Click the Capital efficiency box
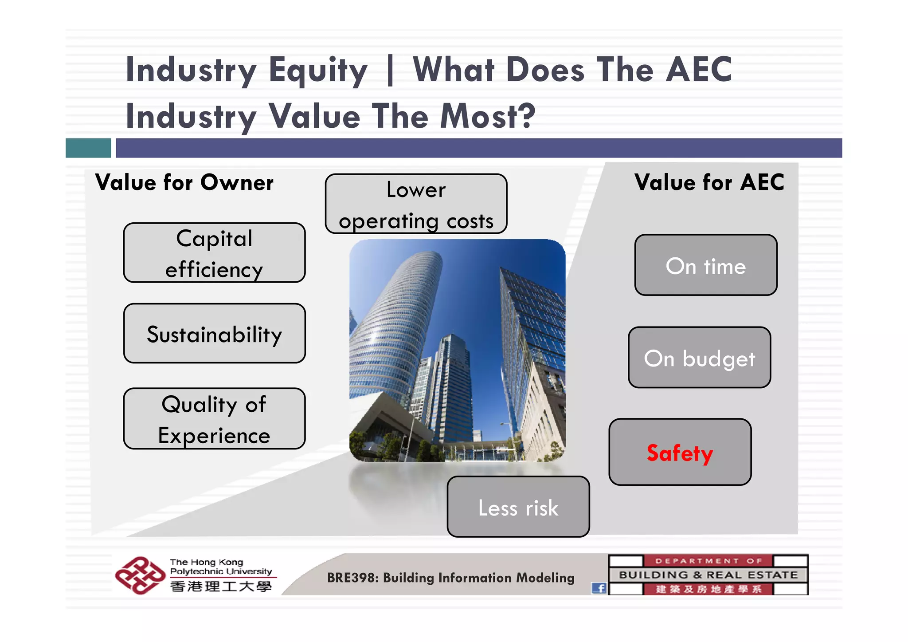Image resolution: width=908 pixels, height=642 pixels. click(214, 252)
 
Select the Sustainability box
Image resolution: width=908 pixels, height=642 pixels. click(214, 334)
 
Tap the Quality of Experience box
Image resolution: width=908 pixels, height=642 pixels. click(214, 418)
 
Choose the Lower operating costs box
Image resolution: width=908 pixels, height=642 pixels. click(416, 204)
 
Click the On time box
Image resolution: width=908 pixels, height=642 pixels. click(705, 265)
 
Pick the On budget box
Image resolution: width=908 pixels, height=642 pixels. click(699, 357)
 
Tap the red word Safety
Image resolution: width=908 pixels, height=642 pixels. click(679, 453)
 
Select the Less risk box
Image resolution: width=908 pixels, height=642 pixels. click(518, 507)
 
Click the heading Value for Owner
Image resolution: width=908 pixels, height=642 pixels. click(184, 182)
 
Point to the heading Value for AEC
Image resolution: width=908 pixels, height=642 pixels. click(709, 182)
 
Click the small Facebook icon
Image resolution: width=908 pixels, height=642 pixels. click(599, 588)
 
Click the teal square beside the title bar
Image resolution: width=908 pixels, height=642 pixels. click(88, 148)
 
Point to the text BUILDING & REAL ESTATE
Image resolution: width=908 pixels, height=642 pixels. click(708, 575)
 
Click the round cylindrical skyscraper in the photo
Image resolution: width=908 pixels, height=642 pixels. click(390, 324)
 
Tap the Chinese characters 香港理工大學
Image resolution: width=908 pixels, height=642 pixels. click(221, 587)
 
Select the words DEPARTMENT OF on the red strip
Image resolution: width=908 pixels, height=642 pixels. click(708, 561)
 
